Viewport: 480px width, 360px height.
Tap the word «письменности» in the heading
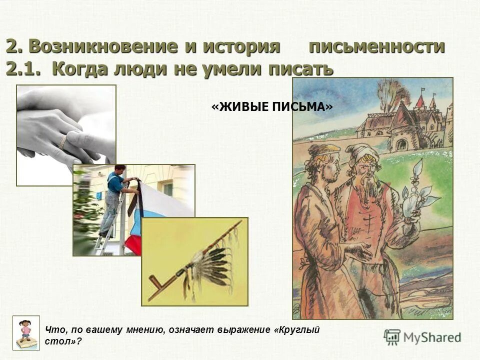point(376,46)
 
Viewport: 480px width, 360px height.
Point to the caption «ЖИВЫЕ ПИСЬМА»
point(272,107)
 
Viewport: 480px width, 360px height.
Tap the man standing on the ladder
point(114,195)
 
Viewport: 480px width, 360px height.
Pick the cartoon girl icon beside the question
point(26,332)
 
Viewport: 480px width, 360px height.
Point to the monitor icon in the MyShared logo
point(392,337)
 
